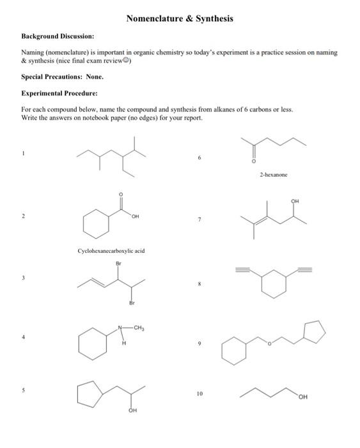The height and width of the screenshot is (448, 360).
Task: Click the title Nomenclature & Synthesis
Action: (x=180, y=19)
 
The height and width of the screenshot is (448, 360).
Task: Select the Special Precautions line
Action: (x=62, y=76)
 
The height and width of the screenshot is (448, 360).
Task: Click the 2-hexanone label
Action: (x=274, y=173)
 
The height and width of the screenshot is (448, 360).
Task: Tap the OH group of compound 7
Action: (x=295, y=200)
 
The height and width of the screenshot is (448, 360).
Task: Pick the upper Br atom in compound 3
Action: (x=118, y=263)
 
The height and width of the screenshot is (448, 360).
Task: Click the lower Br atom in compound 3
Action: (x=132, y=303)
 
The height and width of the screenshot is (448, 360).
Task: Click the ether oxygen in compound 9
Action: (x=270, y=344)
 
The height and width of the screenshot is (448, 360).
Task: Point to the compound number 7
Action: (x=200, y=220)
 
